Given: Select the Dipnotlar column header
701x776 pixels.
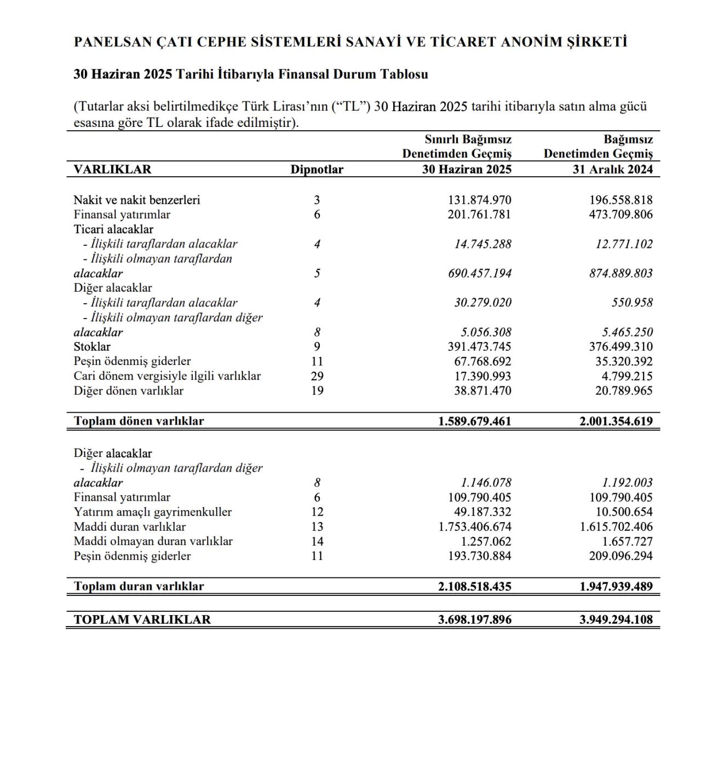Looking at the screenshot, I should pyautogui.click(x=317, y=170).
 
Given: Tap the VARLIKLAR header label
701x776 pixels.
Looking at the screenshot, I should pyautogui.click(x=112, y=170).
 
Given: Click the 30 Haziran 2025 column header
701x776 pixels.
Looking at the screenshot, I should pyautogui.click(x=467, y=170).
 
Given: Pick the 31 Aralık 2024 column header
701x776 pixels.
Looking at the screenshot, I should pyautogui.click(x=613, y=170).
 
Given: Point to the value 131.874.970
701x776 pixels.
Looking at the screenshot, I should pyautogui.click(x=479, y=200).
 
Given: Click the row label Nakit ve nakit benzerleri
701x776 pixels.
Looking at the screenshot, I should pyautogui.click(x=137, y=200).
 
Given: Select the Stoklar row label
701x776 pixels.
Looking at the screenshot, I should pyautogui.click(x=92, y=347).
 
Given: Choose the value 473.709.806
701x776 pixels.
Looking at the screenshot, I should pyautogui.click(x=620, y=215).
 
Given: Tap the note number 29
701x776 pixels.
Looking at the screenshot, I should pyautogui.click(x=317, y=376).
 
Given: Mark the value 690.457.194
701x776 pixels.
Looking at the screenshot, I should pyautogui.click(x=479, y=274).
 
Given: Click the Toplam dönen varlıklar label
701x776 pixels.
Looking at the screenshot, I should pyautogui.click(x=139, y=421).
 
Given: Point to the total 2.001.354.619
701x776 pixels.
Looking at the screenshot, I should pyautogui.click(x=616, y=421).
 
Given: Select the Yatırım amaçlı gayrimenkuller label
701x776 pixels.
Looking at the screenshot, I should pyautogui.click(x=153, y=512).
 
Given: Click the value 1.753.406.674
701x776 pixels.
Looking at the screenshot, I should pyautogui.click(x=475, y=527).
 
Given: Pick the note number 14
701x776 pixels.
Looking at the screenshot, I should pyautogui.click(x=317, y=542).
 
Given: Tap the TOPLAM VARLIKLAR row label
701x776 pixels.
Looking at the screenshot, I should pyautogui.click(x=142, y=619).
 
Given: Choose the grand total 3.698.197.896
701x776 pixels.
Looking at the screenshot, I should pyautogui.click(x=475, y=619).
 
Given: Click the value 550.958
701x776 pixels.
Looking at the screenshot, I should pyautogui.click(x=632, y=303).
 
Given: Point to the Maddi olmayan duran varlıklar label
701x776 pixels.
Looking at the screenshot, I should pyautogui.click(x=153, y=542).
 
